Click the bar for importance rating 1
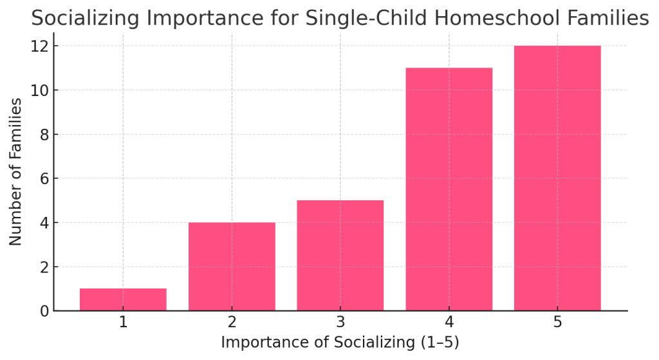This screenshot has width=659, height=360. [123, 299]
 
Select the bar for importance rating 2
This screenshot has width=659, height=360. [232, 267]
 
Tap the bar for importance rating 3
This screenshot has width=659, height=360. [340, 256]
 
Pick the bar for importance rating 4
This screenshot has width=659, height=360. [449, 189]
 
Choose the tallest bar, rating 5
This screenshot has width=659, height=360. [557, 178]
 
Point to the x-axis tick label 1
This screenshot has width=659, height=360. [123, 322]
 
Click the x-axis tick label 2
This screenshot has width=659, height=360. [232, 322]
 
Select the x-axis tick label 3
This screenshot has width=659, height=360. [340, 322]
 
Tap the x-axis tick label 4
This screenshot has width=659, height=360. [449, 322]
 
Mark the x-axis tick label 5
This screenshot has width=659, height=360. [557, 322]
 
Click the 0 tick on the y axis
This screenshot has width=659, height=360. [44, 311]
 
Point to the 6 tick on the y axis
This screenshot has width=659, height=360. [44, 178]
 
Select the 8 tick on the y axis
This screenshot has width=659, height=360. [44, 135]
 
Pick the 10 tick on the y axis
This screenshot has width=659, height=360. [40, 90]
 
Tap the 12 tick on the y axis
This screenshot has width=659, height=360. [40, 46]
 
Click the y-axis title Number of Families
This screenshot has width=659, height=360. [16, 171]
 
